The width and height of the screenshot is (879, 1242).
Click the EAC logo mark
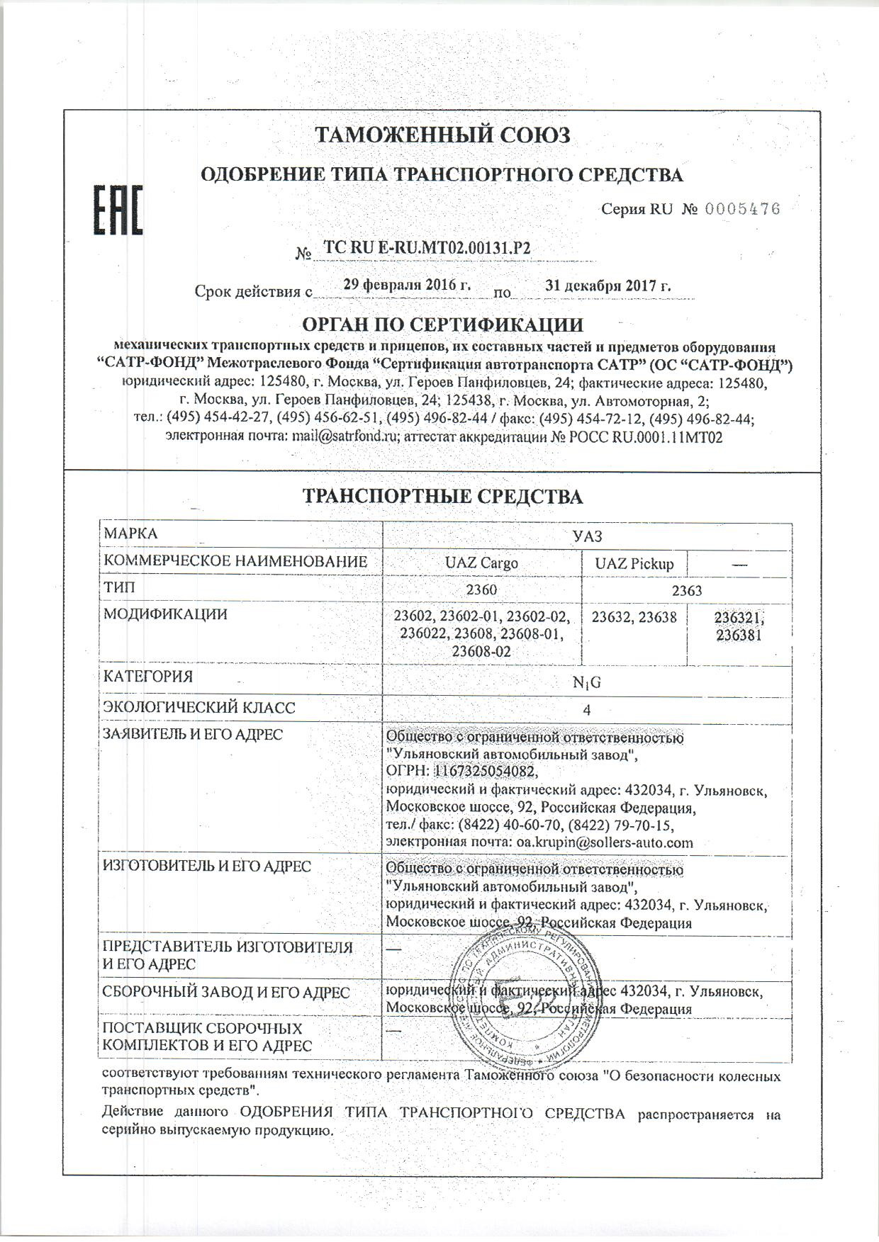119,210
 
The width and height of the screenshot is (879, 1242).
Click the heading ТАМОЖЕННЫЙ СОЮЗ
442,135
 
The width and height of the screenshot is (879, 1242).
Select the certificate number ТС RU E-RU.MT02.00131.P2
427,247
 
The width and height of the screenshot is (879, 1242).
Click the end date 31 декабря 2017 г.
608,286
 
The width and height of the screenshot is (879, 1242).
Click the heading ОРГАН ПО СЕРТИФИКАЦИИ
443,325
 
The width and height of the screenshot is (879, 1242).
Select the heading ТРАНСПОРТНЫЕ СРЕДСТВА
443,497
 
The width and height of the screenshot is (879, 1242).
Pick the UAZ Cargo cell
481,564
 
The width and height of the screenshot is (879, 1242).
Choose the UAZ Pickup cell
634,564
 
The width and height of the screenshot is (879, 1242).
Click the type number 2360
481,590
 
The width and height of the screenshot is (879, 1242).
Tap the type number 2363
686,591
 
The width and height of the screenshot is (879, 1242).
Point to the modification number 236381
739,636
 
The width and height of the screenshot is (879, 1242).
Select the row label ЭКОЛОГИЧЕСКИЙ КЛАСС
199,708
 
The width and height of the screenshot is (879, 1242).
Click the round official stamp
529,999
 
